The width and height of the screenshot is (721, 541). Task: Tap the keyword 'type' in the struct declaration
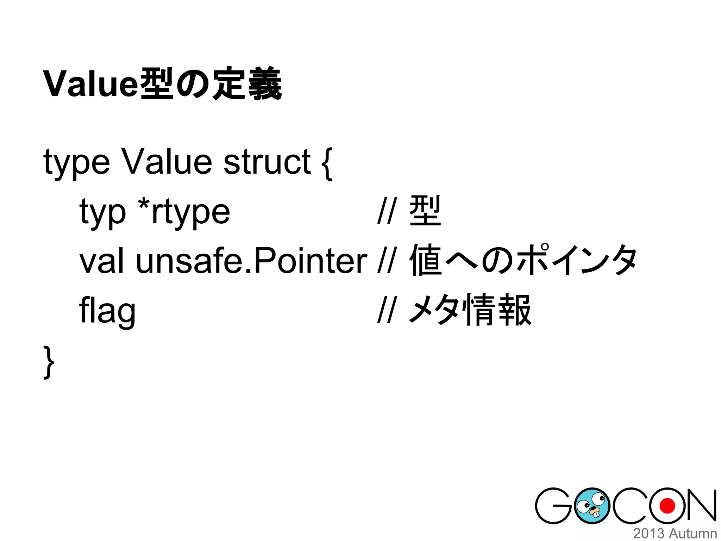[76, 163]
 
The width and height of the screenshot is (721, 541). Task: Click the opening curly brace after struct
[327, 163]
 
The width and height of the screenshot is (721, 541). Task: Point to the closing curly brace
[49, 362]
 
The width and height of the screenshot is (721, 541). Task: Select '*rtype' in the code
[184, 212]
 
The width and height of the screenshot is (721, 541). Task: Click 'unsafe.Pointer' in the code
[251, 261]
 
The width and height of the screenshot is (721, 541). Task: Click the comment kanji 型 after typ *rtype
[425, 211]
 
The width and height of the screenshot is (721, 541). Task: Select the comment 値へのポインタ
[523, 261]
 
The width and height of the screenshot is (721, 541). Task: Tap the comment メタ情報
[470, 310]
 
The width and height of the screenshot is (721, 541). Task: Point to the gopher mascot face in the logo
[591, 506]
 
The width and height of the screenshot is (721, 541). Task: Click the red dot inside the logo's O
[667, 506]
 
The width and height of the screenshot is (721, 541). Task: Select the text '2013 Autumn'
[675, 533]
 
